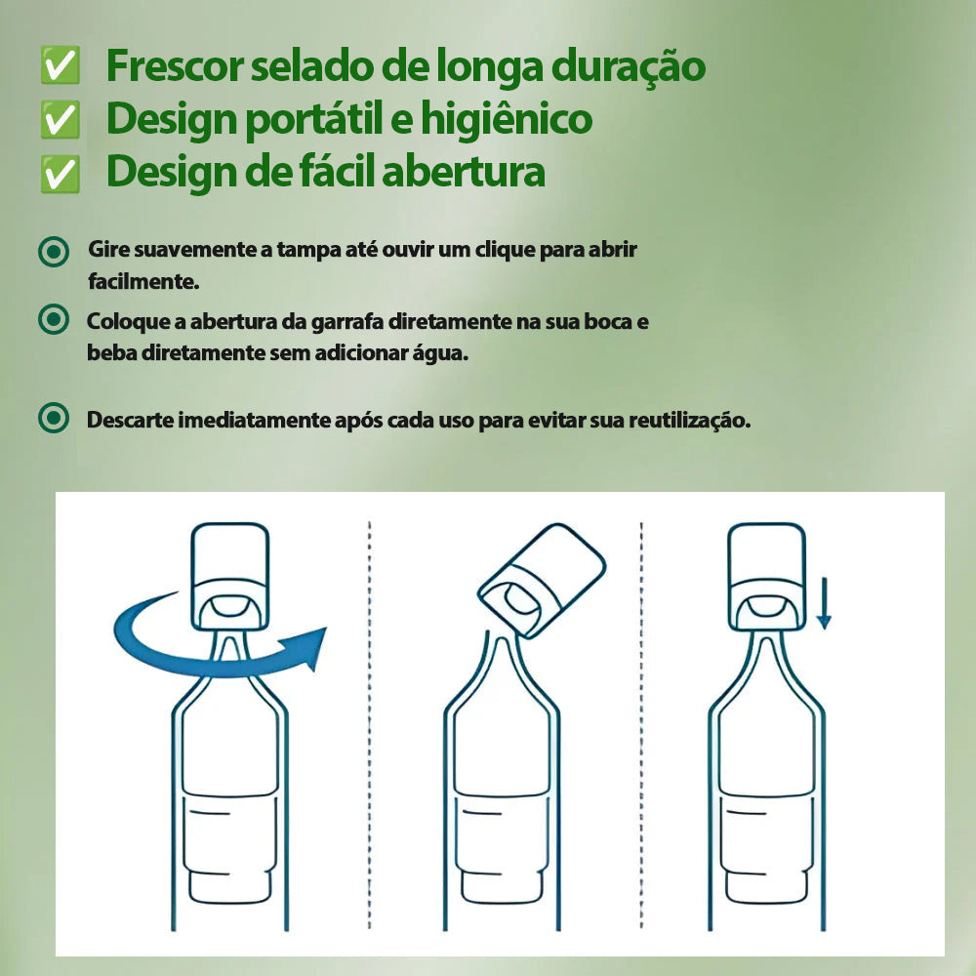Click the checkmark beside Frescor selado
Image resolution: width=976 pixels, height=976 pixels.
(61, 66)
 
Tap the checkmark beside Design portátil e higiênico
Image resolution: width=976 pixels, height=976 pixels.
(61, 120)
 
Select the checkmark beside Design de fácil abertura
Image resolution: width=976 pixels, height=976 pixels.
(61, 173)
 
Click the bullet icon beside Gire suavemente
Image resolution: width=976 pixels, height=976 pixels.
(54, 252)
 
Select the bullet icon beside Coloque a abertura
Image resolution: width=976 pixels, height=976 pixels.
(54, 319)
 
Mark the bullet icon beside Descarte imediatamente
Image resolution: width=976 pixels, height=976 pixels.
(54, 420)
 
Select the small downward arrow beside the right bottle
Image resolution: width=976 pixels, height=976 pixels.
(824, 603)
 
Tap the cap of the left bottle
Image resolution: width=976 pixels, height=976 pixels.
(229, 571)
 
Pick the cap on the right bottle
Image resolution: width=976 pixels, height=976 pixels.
(767, 571)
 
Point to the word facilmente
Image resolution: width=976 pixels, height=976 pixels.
(143, 282)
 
